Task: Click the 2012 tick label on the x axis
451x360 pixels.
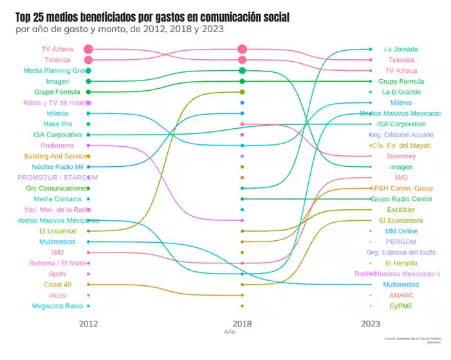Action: (89, 323)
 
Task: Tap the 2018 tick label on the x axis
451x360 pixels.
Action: (242, 323)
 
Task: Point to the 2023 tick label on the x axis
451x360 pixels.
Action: (371, 323)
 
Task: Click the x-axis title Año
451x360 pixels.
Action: (230, 332)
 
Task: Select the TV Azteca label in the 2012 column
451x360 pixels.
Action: (57, 49)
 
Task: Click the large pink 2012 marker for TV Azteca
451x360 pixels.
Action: (88, 49)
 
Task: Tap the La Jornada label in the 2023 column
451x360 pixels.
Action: (401, 49)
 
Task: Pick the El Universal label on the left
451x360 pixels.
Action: (57, 231)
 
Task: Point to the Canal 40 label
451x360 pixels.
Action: (57, 285)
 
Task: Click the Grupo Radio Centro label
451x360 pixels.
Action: (401, 199)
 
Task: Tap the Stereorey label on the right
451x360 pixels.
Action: (401, 156)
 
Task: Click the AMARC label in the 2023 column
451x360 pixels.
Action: (401, 295)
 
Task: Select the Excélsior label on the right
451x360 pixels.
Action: (401, 209)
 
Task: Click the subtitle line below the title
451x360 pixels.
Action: (120, 29)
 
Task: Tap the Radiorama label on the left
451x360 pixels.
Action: (57, 146)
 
